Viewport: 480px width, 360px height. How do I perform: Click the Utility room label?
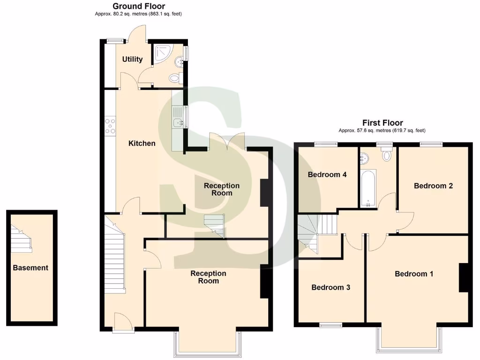(x=132, y=60)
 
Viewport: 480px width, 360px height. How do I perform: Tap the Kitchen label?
(x=142, y=143)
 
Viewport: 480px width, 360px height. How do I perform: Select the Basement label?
(x=30, y=268)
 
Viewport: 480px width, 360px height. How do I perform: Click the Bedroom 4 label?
(x=327, y=175)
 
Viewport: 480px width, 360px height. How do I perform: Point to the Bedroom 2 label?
(x=433, y=186)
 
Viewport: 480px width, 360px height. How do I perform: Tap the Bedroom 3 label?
(x=330, y=287)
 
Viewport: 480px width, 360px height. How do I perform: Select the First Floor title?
(x=382, y=123)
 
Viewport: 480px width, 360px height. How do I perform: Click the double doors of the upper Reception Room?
(x=227, y=141)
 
